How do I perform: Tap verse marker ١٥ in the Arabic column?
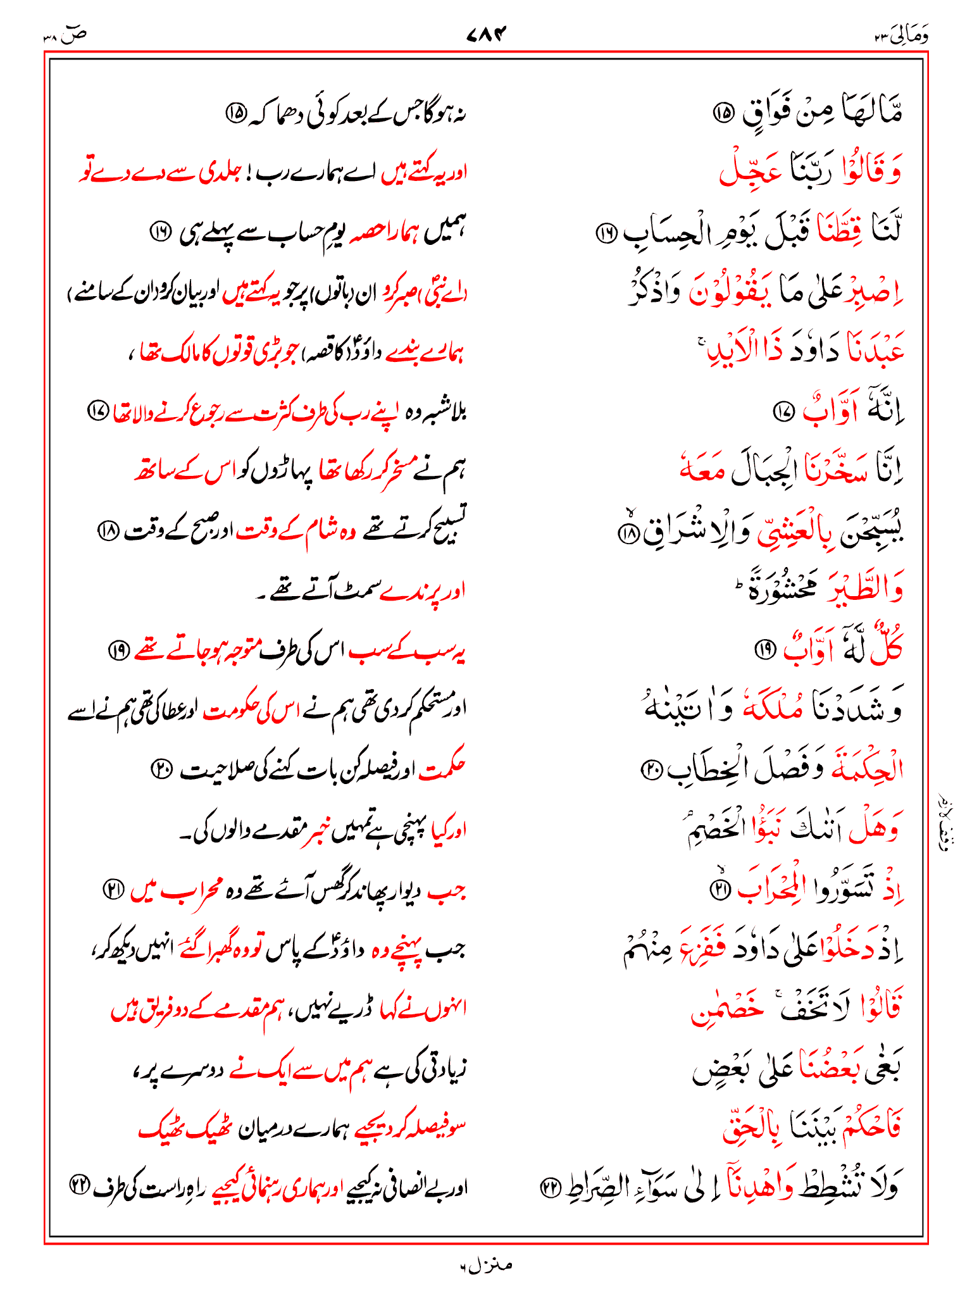point(723,114)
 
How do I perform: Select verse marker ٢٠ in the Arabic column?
point(651,769)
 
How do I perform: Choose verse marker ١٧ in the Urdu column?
point(98,412)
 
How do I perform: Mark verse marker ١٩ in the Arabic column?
point(765,649)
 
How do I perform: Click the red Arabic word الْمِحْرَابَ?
point(775,888)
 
